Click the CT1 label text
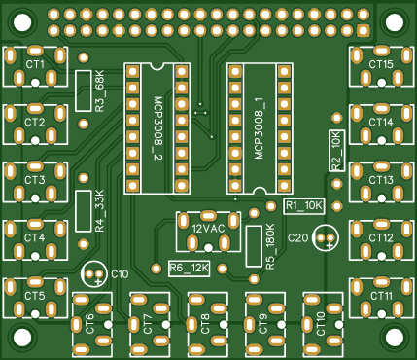(35, 65)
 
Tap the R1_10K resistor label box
(304, 206)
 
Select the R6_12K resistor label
(189, 269)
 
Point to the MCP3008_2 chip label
(158, 128)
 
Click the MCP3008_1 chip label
(260, 128)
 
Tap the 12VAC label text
(208, 229)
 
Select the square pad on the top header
(364, 30)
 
